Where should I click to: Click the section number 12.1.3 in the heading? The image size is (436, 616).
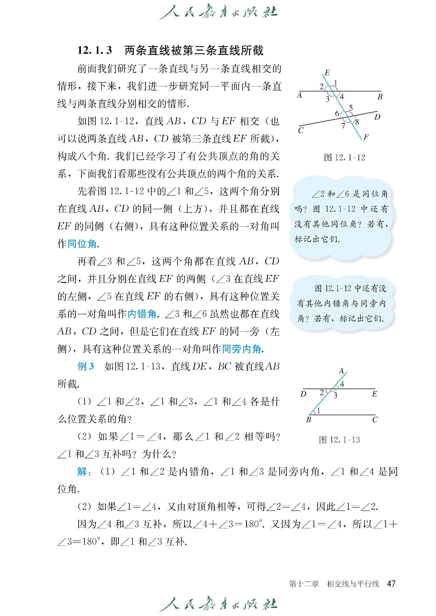point(95,50)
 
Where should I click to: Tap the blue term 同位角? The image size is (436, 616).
point(82,244)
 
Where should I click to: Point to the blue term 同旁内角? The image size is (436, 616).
point(241,349)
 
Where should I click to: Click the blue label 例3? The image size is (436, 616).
point(86,366)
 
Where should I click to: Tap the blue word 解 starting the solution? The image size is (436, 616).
point(82,472)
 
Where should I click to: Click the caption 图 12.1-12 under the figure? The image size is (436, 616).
point(345,157)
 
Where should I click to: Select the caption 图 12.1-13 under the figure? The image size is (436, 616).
point(339,440)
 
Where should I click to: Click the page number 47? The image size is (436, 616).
point(391,584)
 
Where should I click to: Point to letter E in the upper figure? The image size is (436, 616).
point(327,72)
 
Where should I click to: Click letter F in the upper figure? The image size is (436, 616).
point(366,137)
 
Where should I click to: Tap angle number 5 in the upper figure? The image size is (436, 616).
point(351,108)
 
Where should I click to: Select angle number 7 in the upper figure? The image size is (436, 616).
point(343,126)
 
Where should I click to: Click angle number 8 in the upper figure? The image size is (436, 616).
point(357,122)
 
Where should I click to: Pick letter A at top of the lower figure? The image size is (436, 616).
point(341,371)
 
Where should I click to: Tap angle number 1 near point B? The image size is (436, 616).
point(318,410)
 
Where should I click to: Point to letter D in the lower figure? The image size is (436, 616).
point(303,394)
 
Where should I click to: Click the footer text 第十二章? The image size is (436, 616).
point(304,584)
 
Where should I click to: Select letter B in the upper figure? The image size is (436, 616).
point(380,97)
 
